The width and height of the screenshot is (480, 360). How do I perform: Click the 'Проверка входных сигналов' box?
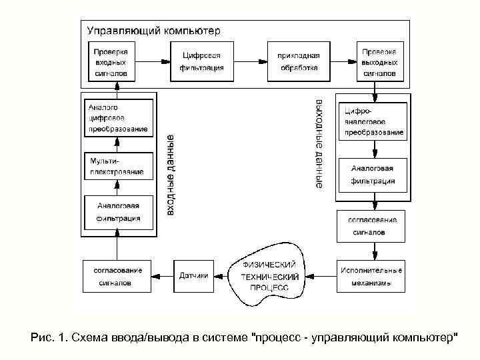[x=112, y=61]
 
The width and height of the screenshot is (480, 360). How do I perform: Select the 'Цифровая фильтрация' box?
[x=201, y=61]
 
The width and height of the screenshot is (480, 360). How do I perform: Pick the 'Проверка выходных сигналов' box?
[x=379, y=61]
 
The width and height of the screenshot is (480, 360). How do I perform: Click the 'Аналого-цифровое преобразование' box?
[x=117, y=118]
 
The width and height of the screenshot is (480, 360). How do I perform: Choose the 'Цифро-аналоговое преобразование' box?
[x=374, y=121]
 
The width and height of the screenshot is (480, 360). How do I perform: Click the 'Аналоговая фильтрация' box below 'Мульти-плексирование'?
[x=117, y=212]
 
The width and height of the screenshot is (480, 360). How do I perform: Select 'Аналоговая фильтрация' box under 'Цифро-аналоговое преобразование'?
[x=373, y=175]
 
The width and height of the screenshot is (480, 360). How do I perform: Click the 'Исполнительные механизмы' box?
[x=371, y=276]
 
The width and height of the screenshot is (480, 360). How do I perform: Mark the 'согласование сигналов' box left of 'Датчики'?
[x=117, y=275]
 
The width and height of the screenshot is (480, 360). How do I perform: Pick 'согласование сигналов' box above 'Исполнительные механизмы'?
[x=371, y=226]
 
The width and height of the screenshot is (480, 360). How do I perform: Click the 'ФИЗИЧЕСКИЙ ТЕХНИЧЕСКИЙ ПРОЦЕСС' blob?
[x=270, y=275]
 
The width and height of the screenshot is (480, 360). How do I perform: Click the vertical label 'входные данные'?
[x=171, y=175]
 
